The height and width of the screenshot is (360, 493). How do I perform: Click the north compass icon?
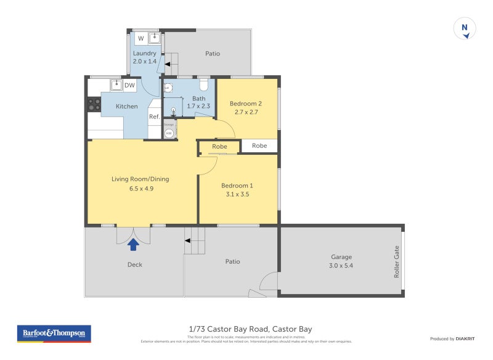(465, 29)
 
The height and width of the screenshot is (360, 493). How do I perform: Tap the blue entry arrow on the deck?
(132, 245)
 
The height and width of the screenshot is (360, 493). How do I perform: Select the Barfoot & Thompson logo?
(54, 333)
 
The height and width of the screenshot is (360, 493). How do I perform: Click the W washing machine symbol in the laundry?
(141, 38)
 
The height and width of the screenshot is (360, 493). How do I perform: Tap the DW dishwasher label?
(129, 86)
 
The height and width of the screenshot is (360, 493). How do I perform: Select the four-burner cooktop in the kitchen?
(94, 105)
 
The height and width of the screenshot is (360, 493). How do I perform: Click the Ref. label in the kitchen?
(154, 117)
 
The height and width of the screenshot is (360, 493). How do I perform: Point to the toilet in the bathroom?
(204, 86)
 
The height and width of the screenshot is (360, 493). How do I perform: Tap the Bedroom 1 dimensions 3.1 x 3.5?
(237, 194)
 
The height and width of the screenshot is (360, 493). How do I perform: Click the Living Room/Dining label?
(141, 179)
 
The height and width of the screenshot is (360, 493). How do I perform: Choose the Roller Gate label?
(397, 262)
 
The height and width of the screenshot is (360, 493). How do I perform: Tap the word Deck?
(134, 264)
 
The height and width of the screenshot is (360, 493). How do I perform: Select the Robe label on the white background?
(259, 146)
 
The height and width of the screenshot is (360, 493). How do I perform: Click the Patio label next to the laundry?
(213, 54)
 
